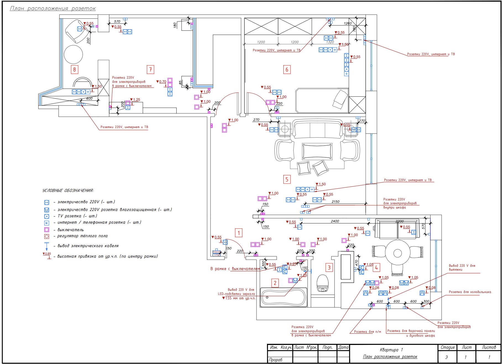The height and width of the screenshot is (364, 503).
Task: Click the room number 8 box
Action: pyautogui.click(x=74, y=69)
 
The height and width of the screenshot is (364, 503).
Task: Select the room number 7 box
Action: pyautogui.click(x=150, y=69)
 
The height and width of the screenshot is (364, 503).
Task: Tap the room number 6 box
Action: pyautogui.click(x=287, y=69)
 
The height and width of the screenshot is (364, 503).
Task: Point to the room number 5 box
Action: pyautogui.click(x=287, y=180)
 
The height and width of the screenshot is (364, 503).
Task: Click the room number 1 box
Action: pyautogui.click(x=239, y=233)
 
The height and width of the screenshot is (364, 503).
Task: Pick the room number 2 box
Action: pyautogui.click(x=275, y=283)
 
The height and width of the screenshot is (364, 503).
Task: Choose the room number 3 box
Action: pyautogui.click(x=329, y=267)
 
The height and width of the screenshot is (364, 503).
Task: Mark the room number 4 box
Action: pyautogui.click(x=376, y=267)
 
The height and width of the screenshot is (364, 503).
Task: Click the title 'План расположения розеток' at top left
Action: pyautogui.click(x=53, y=9)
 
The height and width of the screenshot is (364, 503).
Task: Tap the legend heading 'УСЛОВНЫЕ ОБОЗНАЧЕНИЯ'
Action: pyautogui.click(x=68, y=191)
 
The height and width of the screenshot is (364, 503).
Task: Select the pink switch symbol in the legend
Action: pyautogui.click(x=47, y=230)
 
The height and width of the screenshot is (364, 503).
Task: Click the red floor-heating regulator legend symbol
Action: pyautogui.click(x=47, y=236)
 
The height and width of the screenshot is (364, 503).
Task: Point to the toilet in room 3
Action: pyautogui.click(x=322, y=283)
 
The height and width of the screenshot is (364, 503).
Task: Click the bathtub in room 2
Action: pyautogui.click(x=284, y=297)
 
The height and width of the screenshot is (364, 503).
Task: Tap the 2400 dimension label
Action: pyautogui.click(x=335, y=221)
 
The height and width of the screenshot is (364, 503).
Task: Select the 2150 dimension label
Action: pyautogui.click(x=335, y=202)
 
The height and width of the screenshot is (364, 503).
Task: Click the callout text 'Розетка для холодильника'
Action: pyautogui.click(x=470, y=292)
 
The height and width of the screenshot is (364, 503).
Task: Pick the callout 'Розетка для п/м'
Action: pyautogui.click(x=367, y=332)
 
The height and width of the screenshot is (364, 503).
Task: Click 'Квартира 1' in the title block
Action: pyautogui.click(x=391, y=350)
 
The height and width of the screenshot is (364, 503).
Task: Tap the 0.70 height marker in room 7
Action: pyautogui.click(x=162, y=82)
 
